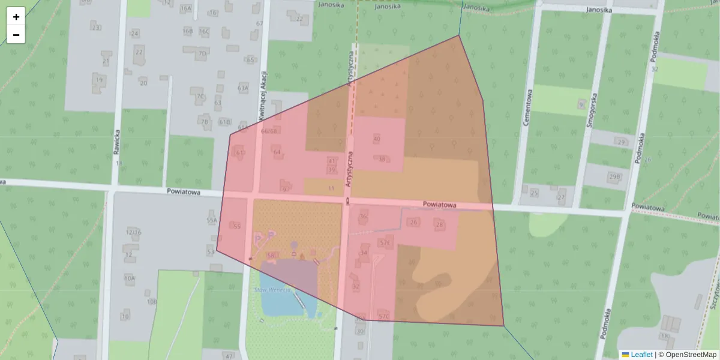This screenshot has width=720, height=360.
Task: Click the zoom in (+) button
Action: (x=16, y=16)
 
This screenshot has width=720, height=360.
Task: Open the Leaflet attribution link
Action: (x=641, y=355)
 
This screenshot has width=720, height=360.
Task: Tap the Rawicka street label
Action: (x=117, y=143)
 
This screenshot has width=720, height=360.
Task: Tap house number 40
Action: (x=377, y=139)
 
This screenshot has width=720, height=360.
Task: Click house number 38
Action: (x=382, y=159)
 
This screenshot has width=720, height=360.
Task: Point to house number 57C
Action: (x=384, y=316)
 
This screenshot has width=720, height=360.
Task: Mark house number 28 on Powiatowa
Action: (x=440, y=224)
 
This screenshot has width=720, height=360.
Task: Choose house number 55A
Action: (x=211, y=221)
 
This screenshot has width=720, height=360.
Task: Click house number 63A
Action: (x=242, y=88)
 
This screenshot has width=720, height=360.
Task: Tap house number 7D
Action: (x=202, y=54)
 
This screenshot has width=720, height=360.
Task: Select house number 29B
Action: (x=614, y=177)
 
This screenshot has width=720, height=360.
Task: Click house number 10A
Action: (x=130, y=278)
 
